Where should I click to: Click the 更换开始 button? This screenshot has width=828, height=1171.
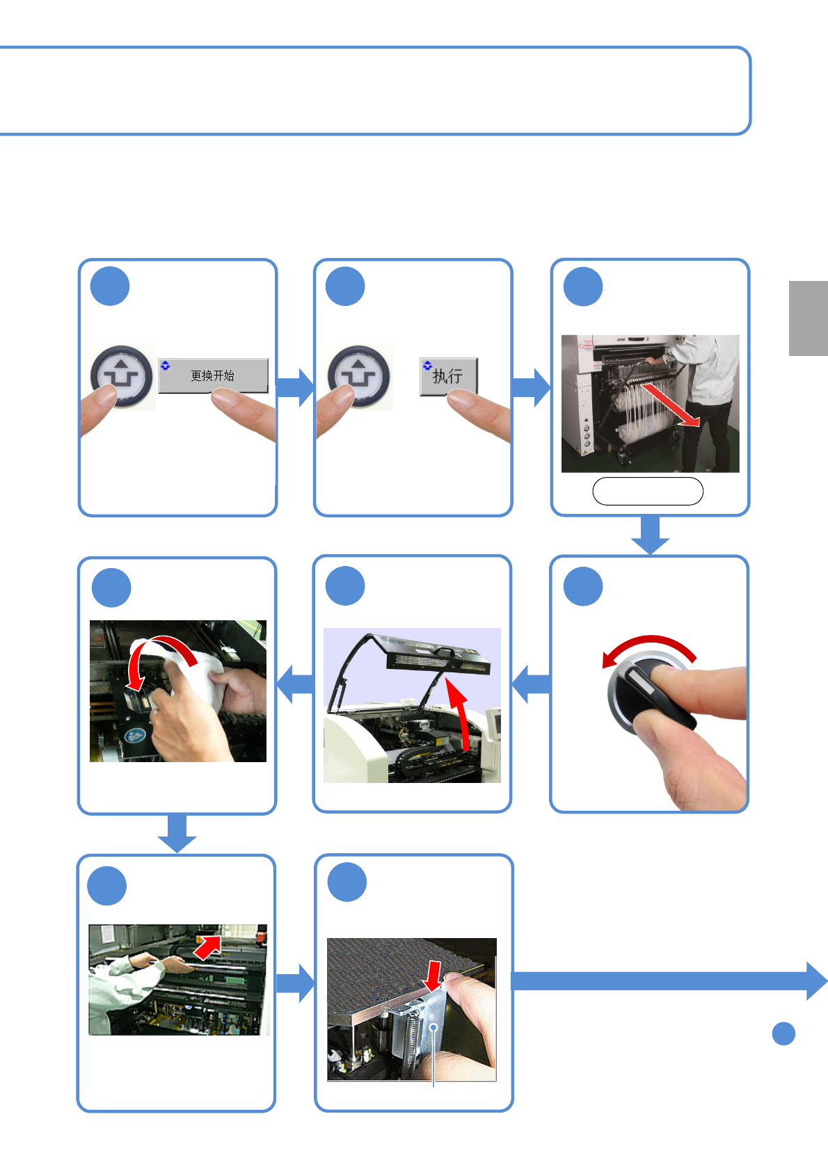click(x=214, y=375)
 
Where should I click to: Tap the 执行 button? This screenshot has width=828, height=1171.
click(x=448, y=376)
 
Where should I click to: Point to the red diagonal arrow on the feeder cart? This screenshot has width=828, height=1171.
click(x=671, y=405)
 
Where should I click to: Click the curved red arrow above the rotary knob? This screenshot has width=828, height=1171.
click(x=649, y=643)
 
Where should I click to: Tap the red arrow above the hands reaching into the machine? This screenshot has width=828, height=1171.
click(x=207, y=947)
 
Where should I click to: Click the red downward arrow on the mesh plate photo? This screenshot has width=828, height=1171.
click(x=433, y=976)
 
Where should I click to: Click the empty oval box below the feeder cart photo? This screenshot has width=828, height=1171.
click(x=648, y=491)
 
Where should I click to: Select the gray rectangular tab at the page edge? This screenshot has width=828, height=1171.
click(x=808, y=318)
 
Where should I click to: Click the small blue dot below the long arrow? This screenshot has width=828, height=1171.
click(x=783, y=1033)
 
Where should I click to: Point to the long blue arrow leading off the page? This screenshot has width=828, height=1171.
click(x=669, y=980)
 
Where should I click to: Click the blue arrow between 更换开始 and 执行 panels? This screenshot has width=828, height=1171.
click(x=295, y=387)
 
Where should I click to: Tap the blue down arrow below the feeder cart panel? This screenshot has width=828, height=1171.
click(x=650, y=535)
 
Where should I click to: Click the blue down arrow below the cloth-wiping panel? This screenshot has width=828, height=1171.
click(x=177, y=833)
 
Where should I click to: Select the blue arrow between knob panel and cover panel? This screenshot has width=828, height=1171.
click(x=531, y=684)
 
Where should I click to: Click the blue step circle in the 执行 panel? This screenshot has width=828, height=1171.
click(x=345, y=286)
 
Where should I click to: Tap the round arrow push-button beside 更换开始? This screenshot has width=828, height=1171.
click(x=121, y=376)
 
